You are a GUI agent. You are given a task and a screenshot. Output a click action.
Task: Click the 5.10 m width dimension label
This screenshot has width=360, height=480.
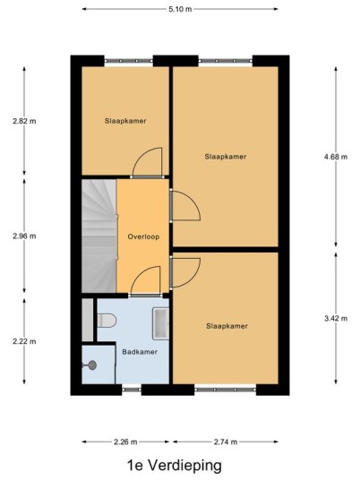(180, 9)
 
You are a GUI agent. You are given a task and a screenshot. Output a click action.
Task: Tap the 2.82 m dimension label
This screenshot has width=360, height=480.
(24, 121)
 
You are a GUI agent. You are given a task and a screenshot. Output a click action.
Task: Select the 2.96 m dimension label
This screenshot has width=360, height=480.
(24, 236)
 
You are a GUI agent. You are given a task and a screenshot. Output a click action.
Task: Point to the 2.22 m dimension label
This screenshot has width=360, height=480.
(24, 341)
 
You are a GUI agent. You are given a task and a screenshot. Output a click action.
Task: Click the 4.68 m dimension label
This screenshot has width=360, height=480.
(336, 157)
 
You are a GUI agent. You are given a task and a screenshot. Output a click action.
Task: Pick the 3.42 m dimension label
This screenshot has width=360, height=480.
(336, 319)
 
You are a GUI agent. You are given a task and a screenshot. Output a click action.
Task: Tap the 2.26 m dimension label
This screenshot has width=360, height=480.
(125, 441)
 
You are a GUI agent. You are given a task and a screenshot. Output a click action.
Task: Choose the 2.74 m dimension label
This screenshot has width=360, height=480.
(226, 441)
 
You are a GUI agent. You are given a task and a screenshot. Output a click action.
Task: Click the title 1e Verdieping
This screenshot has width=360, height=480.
(175, 466)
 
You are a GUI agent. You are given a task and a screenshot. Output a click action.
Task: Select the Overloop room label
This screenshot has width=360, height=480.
(143, 236)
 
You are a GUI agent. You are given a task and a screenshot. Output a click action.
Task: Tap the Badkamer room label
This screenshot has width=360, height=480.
(140, 352)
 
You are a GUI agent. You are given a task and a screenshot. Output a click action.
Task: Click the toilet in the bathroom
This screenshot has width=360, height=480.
(107, 321)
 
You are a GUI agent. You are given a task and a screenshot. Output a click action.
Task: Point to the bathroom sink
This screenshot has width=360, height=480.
(160, 323)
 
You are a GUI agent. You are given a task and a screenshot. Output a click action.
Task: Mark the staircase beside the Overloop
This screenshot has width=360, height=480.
(99, 236)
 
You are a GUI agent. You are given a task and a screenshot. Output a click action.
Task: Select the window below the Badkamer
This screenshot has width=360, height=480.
(132, 390)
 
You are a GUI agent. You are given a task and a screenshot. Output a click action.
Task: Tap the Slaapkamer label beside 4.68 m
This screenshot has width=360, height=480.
(226, 157)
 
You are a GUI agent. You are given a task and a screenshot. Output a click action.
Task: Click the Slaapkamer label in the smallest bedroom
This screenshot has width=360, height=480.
(125, 121)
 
